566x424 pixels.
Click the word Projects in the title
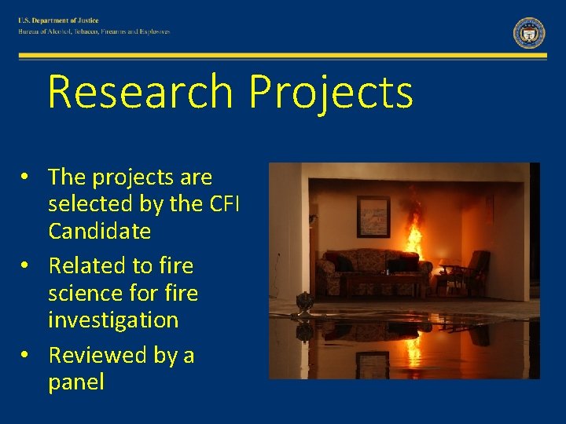click(330, 92)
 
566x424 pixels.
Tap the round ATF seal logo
click(529, 33)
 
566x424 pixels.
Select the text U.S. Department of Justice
click(59, 20)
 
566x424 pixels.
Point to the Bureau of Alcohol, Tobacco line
click(94, 32)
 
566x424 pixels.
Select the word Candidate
click(99, 231)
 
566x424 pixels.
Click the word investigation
click(113, 320)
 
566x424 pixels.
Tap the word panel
click(75, 382)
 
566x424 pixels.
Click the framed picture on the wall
click(373, 217)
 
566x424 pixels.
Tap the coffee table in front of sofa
click(381, 283)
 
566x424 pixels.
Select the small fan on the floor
click(303, 303)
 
